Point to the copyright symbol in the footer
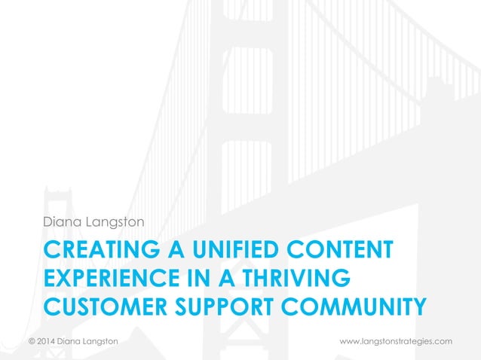click(32, 341)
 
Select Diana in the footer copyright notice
click(74, 341)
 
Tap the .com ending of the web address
click(443, 341)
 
